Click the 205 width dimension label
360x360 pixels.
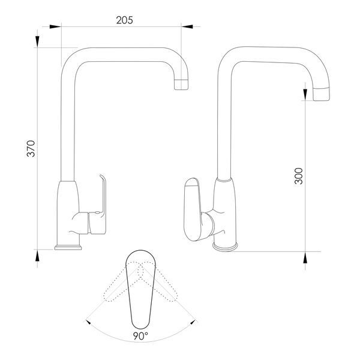pos(124,20)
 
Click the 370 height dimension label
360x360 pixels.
pos(31,149)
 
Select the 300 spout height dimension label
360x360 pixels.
pos(298,176)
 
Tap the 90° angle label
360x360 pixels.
pos(141,336)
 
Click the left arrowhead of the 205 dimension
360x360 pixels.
pos(55,26)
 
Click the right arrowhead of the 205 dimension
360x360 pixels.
pos(187,26)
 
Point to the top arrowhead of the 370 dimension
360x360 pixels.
pos(37,41)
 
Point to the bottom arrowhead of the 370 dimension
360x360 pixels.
pos(37,256)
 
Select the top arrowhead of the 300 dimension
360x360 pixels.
pos(305,94)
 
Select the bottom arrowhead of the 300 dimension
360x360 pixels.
pos(305,257)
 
